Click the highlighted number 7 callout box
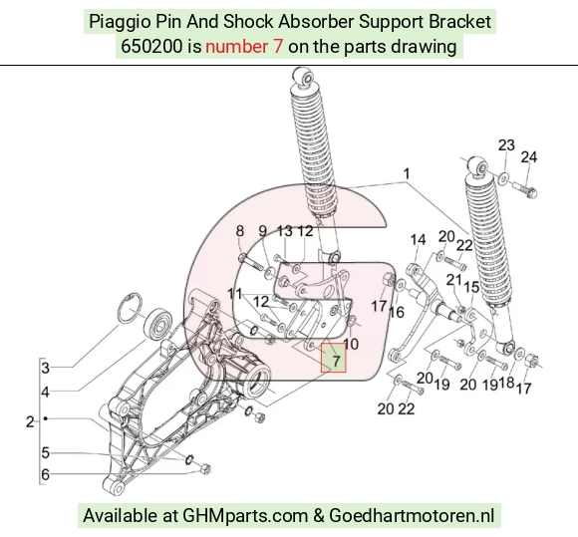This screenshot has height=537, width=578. [333, 358]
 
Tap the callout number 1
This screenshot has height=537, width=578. [407, 173]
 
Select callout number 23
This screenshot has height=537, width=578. [506, 145]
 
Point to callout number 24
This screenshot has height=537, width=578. [528, 157]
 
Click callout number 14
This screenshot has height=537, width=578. [418, 240]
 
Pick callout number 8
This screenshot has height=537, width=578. [239, 231]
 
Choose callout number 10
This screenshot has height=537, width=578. [351, 344]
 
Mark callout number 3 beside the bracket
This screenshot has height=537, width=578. [45, 368]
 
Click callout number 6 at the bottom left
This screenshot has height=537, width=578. [45, 474]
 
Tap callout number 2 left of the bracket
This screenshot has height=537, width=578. [30, 421]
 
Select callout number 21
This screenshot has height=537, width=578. [453, 281]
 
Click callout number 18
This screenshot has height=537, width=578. [506, 383]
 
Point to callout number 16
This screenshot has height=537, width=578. [397, 313]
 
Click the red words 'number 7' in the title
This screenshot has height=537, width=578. [244, 47]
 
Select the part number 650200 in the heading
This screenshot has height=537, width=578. [151, 47]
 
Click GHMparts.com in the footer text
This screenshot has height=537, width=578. [245, 516]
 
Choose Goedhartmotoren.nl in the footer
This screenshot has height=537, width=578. [412, 515]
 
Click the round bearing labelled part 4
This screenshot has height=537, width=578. [158, 324]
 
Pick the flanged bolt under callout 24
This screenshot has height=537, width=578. [524, 189]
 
